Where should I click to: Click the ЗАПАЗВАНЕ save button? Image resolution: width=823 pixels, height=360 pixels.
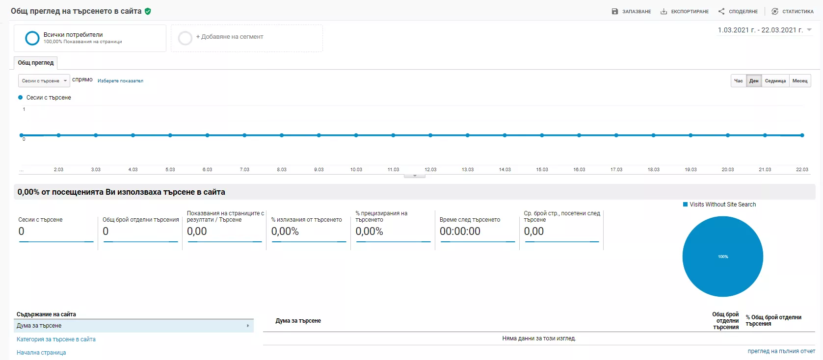coord(631,11)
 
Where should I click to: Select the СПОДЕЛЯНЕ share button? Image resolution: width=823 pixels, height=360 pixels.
coord(738,11)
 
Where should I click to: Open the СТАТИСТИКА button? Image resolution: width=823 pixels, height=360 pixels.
coord(793,11)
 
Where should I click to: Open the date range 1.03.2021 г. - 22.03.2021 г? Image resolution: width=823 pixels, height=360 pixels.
coord(764,30)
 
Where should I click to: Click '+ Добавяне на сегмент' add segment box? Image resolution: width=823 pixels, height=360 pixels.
coord(246,38)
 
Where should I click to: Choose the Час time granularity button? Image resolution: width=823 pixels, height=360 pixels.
coord(738,81)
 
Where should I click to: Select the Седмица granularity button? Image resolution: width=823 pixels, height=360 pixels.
coord(775,81)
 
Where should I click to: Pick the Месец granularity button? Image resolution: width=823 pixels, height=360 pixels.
coord(800,81)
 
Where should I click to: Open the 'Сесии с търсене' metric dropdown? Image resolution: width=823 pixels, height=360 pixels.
coord(44,81)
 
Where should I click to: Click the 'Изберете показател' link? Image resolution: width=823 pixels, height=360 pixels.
coord(121,81)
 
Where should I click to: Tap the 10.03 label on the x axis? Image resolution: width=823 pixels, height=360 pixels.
coord(356,169)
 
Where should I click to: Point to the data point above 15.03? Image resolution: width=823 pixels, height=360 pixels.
coord(542,135)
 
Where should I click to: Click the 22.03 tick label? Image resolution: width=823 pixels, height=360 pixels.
coord(802,169)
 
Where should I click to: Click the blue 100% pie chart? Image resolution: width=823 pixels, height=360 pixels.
coord(723,257)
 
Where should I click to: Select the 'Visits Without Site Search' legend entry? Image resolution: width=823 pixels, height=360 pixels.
coord(719,205)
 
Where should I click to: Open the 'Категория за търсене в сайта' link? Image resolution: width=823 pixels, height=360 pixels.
coord(56,339)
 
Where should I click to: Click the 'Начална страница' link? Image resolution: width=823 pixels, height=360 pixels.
coord(41,353)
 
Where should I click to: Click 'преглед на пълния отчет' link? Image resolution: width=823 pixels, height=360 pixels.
coord(781,351)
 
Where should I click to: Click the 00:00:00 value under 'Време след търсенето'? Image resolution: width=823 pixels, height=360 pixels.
coord(460,231)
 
